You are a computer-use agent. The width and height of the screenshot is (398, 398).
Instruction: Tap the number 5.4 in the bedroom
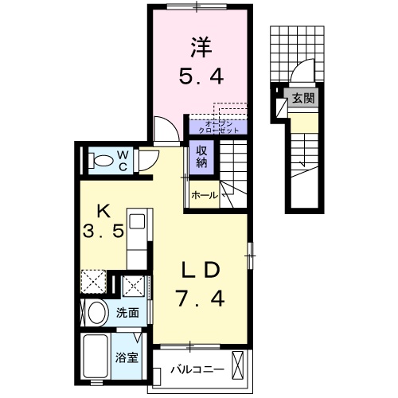[200, 77]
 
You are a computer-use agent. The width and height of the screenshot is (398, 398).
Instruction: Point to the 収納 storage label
[199, 156]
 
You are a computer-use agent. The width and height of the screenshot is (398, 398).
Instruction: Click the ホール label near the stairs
[205, 194]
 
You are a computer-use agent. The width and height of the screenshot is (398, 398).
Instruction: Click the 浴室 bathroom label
[128, 356]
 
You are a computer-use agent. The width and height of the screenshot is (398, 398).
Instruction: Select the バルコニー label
[194, 370]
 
